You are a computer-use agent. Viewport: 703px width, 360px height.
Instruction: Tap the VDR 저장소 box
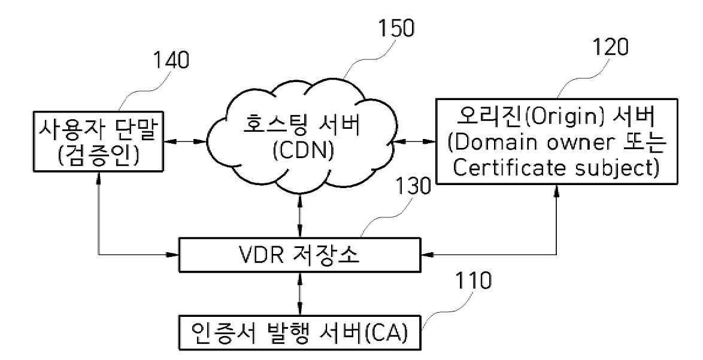pos(299,256)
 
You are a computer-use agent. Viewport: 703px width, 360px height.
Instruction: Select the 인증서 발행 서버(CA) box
pos(299,333)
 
